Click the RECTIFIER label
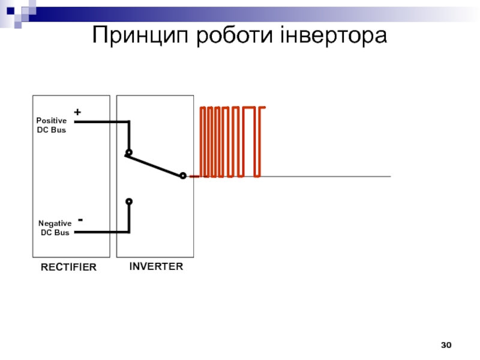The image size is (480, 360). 68,268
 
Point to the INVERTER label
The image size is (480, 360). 156,266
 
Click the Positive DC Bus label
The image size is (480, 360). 52,125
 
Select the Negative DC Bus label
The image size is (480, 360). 55,227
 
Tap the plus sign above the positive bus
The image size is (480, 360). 77,112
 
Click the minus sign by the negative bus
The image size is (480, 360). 80,221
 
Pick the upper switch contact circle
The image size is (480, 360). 128,152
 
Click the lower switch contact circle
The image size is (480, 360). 128,202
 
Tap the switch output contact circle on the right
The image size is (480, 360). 183,176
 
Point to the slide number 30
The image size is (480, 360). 446,345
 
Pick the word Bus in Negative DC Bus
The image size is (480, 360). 61,232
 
